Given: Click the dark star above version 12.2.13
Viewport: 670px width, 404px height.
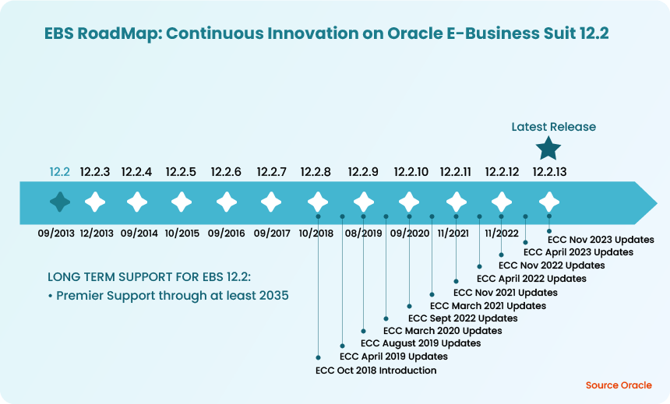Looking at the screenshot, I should point(548,148).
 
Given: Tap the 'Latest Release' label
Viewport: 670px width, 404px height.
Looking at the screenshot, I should point(553,127).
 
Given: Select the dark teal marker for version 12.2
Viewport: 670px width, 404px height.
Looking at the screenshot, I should point(60,202).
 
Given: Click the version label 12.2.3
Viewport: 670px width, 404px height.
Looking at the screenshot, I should point(95,172).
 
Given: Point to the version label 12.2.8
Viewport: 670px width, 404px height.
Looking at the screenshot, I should point(316,172).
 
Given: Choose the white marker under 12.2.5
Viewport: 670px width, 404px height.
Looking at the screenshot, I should point(182,202).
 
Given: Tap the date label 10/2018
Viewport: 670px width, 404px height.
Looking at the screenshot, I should point(317,233).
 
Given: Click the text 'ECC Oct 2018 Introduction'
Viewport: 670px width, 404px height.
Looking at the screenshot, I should point(376,371).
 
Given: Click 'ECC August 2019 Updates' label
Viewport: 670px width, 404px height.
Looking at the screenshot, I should point(421,343).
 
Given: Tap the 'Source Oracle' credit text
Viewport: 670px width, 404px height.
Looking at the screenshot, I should point(619,385).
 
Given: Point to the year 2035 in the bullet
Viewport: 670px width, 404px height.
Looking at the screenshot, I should point(273,296).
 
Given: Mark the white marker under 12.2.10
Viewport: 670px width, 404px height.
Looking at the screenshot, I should point(409,202).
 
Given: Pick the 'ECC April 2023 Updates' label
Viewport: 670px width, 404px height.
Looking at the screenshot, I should point(578,252).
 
